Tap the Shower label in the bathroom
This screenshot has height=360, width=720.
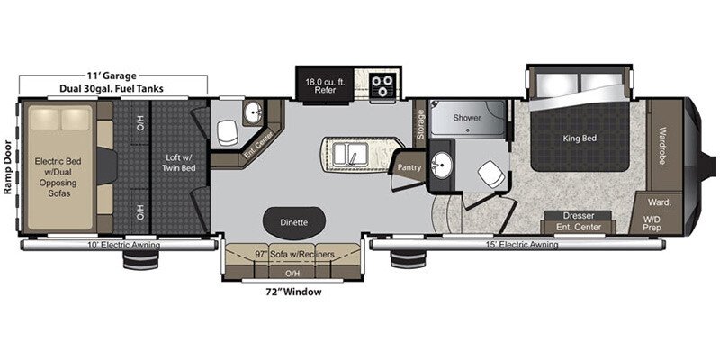[x=467, y=118]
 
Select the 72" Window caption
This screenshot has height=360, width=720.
[x=294, y=292]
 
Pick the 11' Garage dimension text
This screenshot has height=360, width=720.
[x=112, y=76]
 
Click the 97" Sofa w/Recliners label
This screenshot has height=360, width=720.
[x=294, y=255]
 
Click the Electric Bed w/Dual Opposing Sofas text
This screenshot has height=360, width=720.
[x=61, y=173]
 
